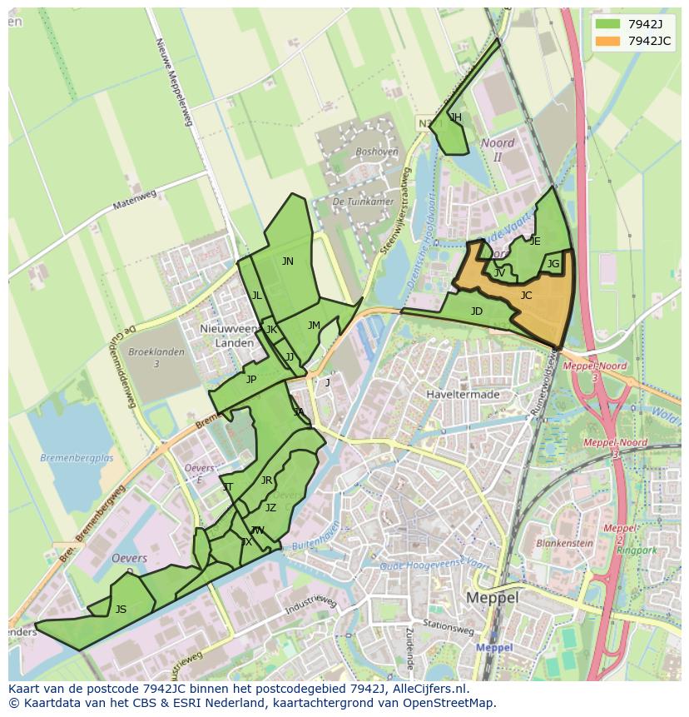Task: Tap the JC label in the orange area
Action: pyautogui.click(x=526, y=296)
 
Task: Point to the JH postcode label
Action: pyautogui.click(x=455, y=117)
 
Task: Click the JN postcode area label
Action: pyautogui.click(x=287, y=261)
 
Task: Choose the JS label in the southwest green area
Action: pyautogui.click(x=121, y=610)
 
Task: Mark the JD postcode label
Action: pyautogui.click(x=476, y=311)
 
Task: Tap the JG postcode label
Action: pyautogui.click(x=553, y=264)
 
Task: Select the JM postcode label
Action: pyautogui.click(x=314, y=326)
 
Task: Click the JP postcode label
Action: pyautogui.click(x=250, y=380)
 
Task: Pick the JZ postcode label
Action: pyautogui.click(x=270, y=508)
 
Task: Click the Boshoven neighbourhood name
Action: pyautogui.click(x=376, y=152)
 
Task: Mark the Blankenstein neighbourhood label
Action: pyautogui.click(x=564, y=543)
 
